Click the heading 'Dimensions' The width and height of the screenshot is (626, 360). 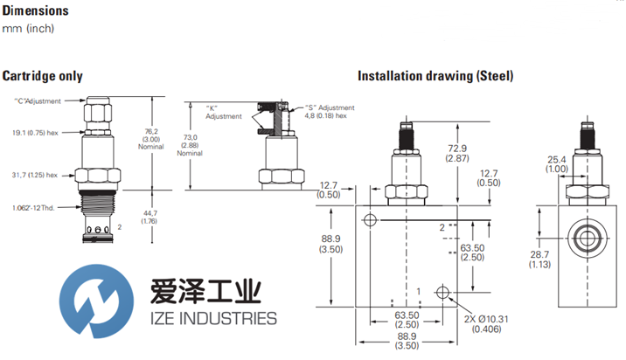click(x=36, y=11)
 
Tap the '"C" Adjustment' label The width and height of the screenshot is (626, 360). click(x=38, y=101)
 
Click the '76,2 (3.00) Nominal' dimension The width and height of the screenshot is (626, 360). click(x=150, y=139)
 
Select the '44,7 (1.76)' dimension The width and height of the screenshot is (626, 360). click(x=150, y=218)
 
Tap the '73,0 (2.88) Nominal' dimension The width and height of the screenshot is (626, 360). click(x=190, y=144)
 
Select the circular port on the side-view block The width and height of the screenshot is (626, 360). click(x=585, y=236)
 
